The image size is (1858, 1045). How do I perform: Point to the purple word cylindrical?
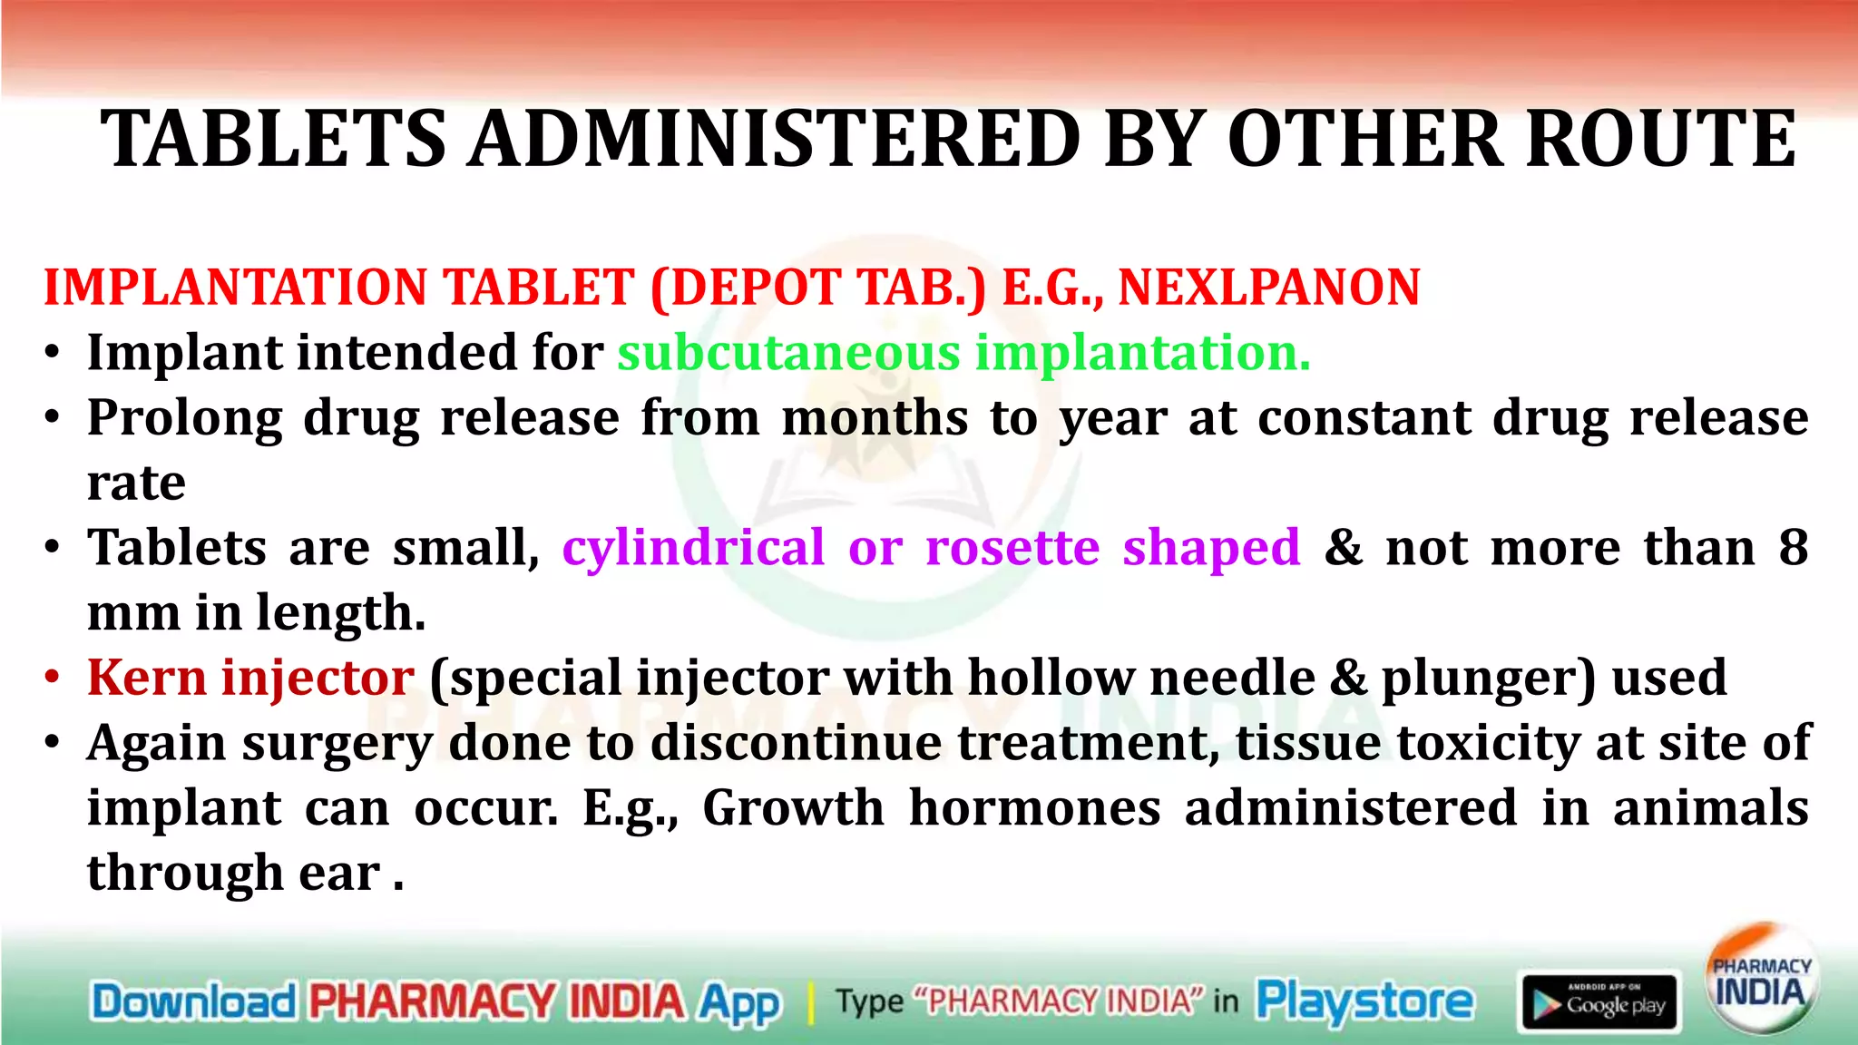pyautogui.click(x=693, y=548)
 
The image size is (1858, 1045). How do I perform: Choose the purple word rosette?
pyautogui.click(x=1012, y=548)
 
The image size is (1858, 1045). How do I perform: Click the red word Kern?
pyautogui.click(x=146, y=678)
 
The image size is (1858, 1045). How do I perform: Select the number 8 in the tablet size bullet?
pyautogui.click(x=1793, y=548)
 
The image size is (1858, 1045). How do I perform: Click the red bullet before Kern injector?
pyautogui.click(x=54, y=679)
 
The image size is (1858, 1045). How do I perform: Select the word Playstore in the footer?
pyautogui.click(x=1364, y=1001)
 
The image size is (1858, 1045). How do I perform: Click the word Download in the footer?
pyautogui.click(x=193, y=1001)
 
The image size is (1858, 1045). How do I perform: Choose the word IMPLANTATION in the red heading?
pyautogui.click(x=235, y=288)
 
